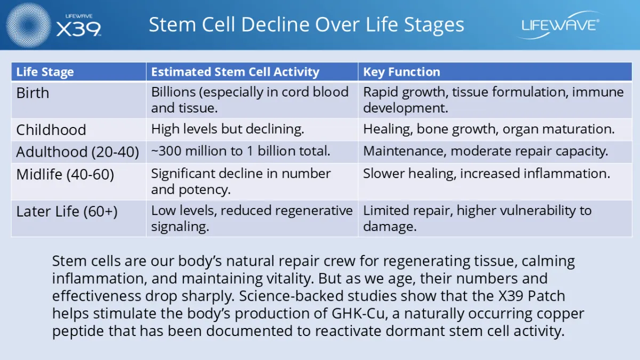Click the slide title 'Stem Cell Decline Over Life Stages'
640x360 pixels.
(306, 25)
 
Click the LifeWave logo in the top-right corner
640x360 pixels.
(558, 25)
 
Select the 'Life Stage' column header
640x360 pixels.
(45, 72)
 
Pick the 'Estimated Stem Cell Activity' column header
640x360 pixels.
(235, 72)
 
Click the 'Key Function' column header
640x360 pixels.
(402, 72)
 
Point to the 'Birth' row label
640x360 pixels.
(33, 93)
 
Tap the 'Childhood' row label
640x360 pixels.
(51, 130)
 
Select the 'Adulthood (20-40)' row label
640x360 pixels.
(78, 152)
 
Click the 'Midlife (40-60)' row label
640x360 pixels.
(65, 174)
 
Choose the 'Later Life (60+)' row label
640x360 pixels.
(67, 211)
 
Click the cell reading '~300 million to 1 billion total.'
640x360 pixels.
(241, 151)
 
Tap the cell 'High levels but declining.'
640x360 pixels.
(227, 129)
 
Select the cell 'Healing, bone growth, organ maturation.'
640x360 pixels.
(489, 129)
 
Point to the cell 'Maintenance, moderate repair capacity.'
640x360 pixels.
(485, 151)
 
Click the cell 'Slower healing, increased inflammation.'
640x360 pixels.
(486, 173)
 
